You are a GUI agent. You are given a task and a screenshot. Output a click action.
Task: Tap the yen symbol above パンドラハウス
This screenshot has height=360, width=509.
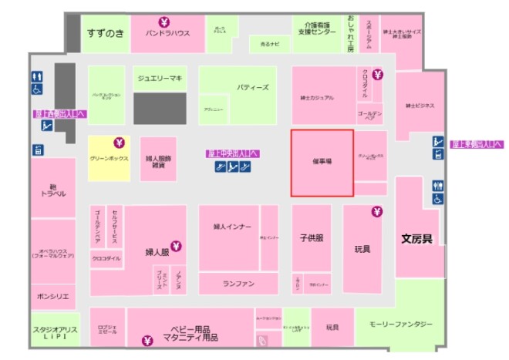163,22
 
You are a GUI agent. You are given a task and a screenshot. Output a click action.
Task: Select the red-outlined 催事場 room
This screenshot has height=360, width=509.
322,163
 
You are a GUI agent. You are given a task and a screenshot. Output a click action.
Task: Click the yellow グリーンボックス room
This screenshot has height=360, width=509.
108,158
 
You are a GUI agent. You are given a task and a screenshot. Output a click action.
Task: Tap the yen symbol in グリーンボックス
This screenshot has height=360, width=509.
119,142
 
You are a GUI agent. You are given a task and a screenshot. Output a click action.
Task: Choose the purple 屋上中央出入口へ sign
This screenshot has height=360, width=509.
232,153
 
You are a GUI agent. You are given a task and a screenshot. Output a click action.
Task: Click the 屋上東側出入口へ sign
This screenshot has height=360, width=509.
476,143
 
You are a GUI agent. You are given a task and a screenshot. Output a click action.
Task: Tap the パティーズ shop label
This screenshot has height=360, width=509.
253,88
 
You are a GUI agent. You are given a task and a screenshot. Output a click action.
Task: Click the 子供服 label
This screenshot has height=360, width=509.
310,238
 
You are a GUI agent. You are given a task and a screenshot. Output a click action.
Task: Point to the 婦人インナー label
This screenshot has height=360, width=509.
229,227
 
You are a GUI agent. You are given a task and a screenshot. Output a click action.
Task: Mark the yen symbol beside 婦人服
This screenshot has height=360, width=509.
175,247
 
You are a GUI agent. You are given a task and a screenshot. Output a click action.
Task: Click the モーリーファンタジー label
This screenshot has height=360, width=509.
400,324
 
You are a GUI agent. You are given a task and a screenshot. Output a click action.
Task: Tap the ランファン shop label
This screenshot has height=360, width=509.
238,284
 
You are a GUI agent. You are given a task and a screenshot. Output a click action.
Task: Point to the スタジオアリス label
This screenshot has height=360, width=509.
53,333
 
